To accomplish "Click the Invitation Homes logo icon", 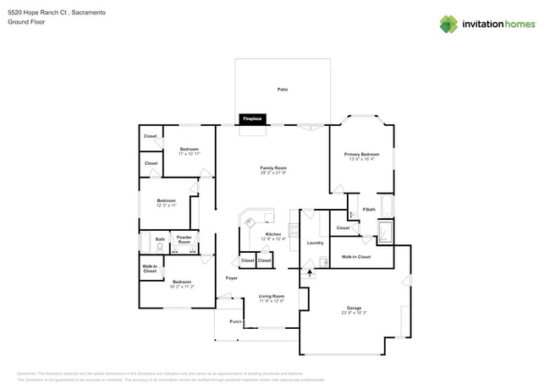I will point(448,24).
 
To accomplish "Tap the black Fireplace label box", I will point(253,119).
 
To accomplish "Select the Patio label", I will point(282,89).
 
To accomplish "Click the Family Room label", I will point(272,168).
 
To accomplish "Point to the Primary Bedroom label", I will point(361,155).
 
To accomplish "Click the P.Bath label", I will point(369,209).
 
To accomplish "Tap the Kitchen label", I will point(273,234).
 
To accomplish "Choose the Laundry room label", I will point(315,243).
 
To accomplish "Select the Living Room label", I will point(271,296).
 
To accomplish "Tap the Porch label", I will point(236,322).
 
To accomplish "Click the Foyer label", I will point(231,277).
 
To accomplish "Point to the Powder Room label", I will point(184,239).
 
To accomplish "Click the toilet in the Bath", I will point(160,249).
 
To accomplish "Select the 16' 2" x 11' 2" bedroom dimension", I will point(181,287).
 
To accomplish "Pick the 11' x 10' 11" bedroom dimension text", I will point(189,154).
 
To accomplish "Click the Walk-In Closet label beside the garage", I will point(355,256).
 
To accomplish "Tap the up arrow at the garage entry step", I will point(310,272).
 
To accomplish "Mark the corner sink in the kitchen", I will point(250,222).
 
